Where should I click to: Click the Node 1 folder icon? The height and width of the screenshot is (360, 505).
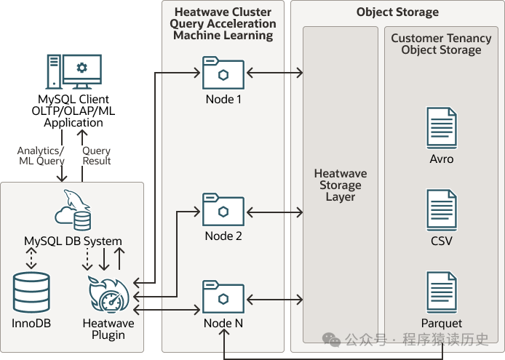[x=223, y=73]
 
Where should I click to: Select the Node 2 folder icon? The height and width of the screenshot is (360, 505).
[x=223, y=209]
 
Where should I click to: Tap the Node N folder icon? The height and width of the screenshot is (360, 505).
[x=223, y=296]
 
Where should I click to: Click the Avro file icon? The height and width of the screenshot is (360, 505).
[x=442, y=128]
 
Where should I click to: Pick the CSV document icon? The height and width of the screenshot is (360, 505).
[x=442, y=210]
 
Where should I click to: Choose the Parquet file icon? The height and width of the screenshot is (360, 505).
[x=442, y=293]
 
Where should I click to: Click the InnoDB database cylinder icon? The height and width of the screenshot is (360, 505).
[x=31, y=292]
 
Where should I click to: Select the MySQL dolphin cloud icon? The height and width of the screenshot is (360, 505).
[x=73, y=211]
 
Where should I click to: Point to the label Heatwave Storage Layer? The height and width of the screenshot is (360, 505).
[x=340, y=185]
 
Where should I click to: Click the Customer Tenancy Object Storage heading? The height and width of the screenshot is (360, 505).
[x=441, y=44]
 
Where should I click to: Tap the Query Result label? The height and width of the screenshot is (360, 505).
[x=97, y=156]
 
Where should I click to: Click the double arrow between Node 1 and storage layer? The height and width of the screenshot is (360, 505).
[x=274, y=73]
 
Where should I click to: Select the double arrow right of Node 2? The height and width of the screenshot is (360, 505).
[x=274, y=212]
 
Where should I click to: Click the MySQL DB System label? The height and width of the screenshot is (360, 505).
[x=73, y=241]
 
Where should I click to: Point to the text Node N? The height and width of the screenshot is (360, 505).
[x=223, y=324]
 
